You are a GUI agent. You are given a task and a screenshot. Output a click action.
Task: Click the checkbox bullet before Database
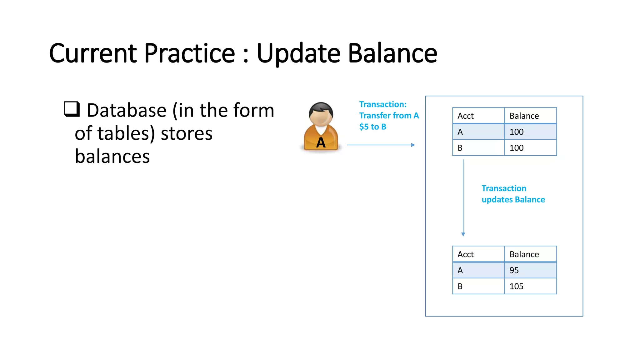tap(72, 109)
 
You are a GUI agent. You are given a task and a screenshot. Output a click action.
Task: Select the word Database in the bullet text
tap(127, 111)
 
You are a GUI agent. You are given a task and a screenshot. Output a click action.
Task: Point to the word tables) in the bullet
tap(126, 133)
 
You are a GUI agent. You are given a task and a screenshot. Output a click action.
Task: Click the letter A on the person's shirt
tap(321, 143)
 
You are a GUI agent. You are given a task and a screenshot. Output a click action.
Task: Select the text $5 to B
tap(372, 127)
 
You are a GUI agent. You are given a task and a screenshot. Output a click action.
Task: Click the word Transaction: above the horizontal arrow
tap(383, 104)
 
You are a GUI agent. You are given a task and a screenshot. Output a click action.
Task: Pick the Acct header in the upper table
tap(466, 116)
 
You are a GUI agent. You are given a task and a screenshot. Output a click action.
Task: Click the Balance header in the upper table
tap(524, 116)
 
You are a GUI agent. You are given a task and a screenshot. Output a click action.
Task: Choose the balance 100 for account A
tap(516, 132)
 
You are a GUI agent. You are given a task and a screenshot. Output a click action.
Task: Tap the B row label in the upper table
tap(460, 148)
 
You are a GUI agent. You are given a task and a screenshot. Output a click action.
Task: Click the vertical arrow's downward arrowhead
tap(463, 234)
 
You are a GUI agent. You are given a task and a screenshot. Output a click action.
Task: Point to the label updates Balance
tap(513, 200)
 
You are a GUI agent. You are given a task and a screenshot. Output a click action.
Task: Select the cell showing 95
tap(514, 270)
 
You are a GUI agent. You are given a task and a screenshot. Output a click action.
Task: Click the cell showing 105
tap(516, 286)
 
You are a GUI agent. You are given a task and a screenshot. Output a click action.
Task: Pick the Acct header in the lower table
tap(466, 254)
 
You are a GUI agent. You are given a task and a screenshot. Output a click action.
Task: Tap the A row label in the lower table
tap(460, 270)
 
